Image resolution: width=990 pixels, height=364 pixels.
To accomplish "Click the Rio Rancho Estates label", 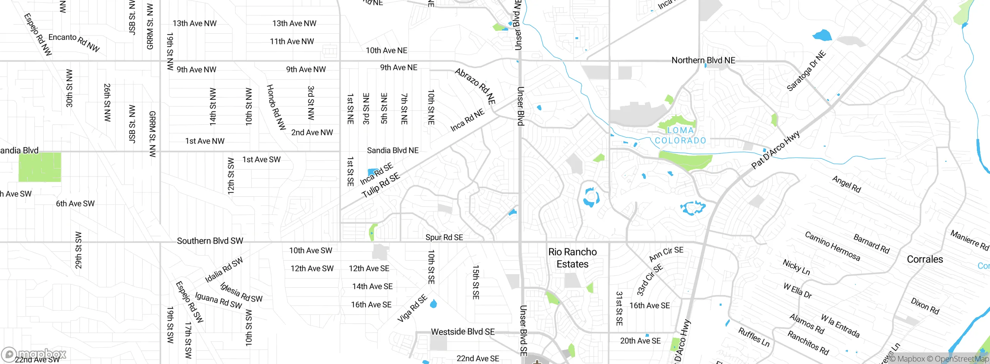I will click(572, 258).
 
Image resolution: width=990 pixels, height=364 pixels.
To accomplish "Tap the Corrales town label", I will click(925, 259).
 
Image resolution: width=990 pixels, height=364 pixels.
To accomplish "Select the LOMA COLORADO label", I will click(680, 136).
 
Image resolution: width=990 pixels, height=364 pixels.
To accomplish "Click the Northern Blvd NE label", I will click(703, 60).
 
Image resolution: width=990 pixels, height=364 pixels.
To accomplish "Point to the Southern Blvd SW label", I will click(210, 241).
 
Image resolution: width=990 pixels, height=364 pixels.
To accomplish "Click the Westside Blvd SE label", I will click(463, 332).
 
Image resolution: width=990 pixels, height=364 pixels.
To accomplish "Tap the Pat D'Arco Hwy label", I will click(775, 150).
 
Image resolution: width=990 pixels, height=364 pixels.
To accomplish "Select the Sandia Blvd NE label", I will click(393, 151).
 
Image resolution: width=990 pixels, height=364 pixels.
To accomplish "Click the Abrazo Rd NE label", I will click(475, 86).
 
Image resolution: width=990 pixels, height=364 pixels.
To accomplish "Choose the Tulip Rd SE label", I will click(381, 185).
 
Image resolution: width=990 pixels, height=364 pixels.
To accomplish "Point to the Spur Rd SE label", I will click(444, 237).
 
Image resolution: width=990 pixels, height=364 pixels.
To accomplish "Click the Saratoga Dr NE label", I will click(806, 71).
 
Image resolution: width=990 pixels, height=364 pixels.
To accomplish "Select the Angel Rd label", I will click(846, 184).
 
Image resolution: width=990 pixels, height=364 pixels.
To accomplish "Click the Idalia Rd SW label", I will click(224, 270).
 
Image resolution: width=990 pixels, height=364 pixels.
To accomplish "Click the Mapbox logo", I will click(34, 354).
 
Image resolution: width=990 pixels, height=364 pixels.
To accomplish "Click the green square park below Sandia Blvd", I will click(40, 167).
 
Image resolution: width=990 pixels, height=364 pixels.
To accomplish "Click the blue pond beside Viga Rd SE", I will click(433, 304).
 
